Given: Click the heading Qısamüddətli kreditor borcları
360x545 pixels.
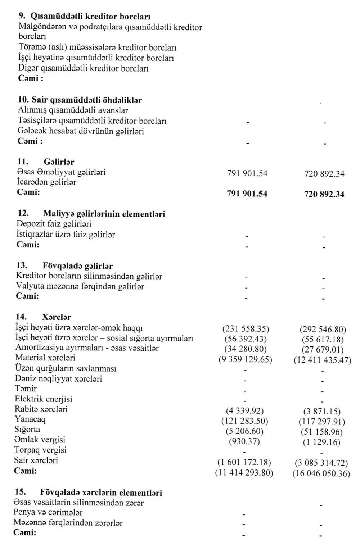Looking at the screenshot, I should pyautogui.click(x=90, y=17).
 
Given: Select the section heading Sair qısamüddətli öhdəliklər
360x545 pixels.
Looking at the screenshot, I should pyautogui.click(x=86, y=100).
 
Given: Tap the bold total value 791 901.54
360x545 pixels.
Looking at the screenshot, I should pyautogui.click(x=247, y=194).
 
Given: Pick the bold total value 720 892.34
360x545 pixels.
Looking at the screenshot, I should pyautogui.click(x=324, y=194).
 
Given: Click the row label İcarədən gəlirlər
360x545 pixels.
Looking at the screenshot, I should pyautogui.click(x=46, y=182).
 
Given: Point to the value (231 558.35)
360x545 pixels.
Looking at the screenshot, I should pyautogui.click(x=246, y=328).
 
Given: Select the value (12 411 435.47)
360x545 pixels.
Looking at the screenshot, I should pyautogui.click(x=322, y=360).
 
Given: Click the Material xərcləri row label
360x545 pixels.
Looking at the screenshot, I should pyautogui.click(x=45, y=358).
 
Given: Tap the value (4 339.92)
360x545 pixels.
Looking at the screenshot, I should pyautogui.click(x=245, y=410).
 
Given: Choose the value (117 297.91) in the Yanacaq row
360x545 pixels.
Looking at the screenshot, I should pyautogui.click(x=322, y=422).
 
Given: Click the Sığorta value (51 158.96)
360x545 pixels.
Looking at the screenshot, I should pyautogui.click(x=322, y=432).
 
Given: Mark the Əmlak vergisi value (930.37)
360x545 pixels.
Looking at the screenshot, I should pyautogui.click(x=244, y=441).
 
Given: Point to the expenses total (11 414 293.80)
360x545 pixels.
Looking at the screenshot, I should pyautogui.click(x=244, y=472).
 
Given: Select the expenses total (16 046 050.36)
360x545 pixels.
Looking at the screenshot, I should pyautogui.click(x=321, y=473).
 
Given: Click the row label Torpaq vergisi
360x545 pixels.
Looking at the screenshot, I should pyautogui.click(x=40, y=450).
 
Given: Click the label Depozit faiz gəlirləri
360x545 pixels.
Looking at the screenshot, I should pyautogui.click(x=54, y=224).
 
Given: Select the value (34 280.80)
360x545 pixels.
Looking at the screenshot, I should pyautogui.click(x=246, y=349).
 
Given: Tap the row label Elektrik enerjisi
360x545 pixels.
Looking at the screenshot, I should pyautogui.click(x=44, y=399).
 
